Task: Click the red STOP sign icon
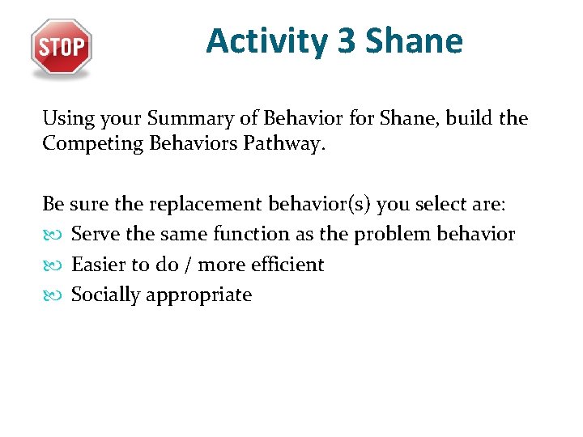tap(62, 47)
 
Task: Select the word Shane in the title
tap(415, 40)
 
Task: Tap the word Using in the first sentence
tap(68, 120)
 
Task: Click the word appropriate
tap(198, 295)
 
